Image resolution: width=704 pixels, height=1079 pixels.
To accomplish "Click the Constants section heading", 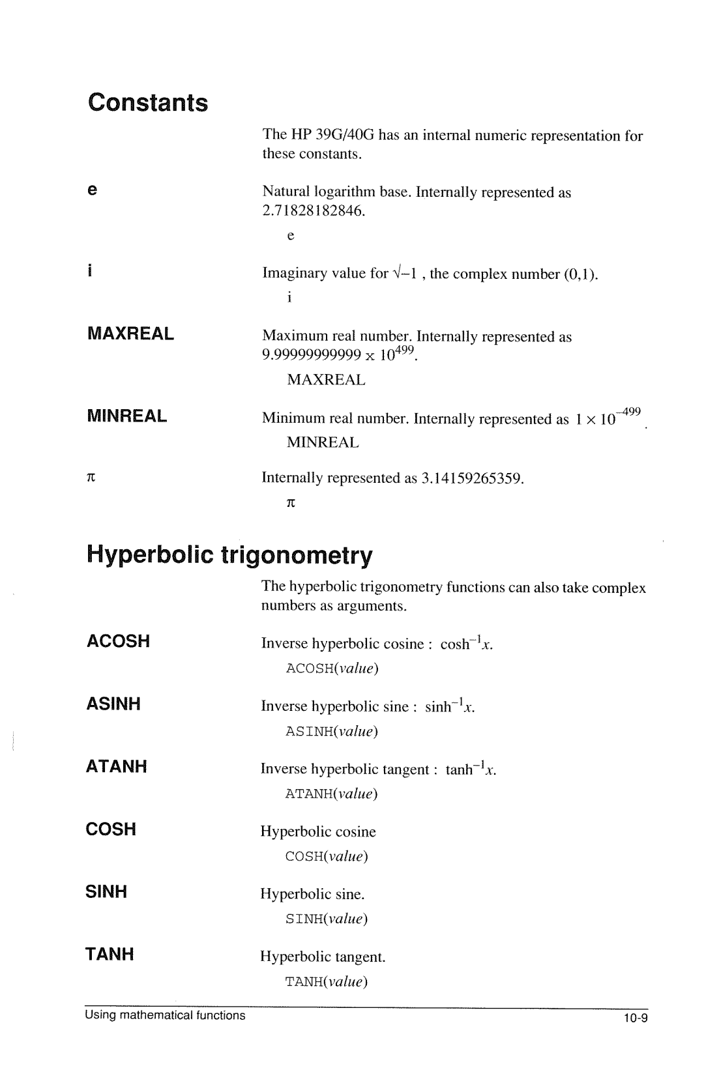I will coord(148,103).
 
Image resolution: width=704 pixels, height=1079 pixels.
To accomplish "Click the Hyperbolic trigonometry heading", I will coord(229,555).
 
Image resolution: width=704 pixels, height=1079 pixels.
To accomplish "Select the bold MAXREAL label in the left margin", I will coord(131,334).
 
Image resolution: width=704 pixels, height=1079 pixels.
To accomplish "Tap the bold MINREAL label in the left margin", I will coord(128,416).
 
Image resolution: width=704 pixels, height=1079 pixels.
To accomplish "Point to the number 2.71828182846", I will coord(313,211).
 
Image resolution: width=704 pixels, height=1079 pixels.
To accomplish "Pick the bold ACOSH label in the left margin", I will coord(119,641).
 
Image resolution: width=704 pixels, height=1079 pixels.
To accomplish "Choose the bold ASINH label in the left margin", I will coord(114,704).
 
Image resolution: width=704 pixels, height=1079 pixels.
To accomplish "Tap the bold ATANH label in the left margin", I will coord(117,766).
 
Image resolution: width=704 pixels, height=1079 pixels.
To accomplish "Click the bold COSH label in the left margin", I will coord(111,829).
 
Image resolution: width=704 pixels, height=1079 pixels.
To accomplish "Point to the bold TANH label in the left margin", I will coord(110,954).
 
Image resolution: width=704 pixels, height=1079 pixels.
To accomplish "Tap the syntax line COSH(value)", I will coord(327,856).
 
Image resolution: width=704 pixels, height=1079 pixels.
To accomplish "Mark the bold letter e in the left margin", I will coord(93,190).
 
